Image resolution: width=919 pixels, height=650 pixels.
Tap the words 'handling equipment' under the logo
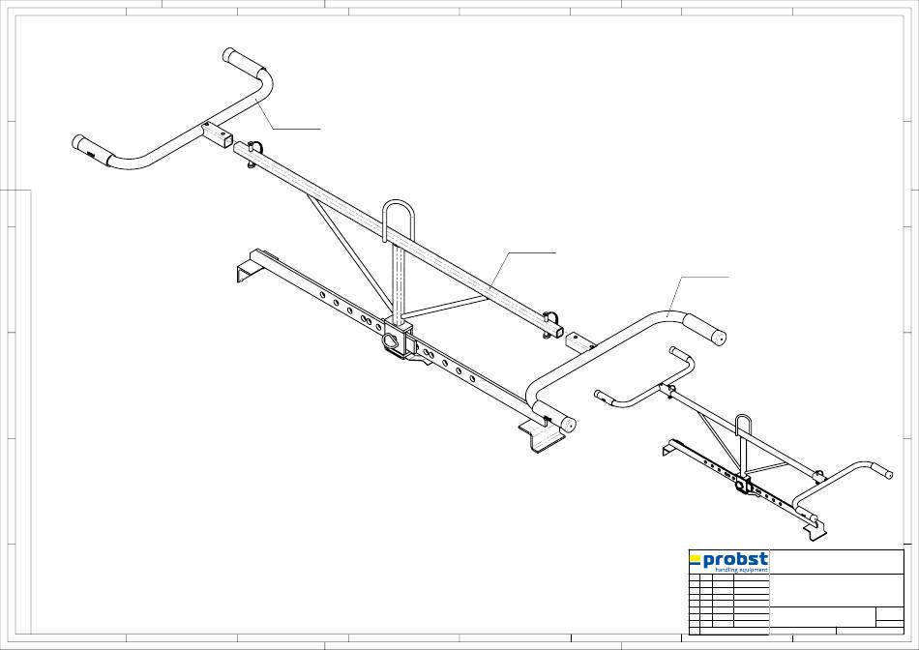(x=740, y=571)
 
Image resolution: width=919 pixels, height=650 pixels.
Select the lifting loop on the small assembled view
(x=743, y=426)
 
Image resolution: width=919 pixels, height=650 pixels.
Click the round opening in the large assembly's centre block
(x=392, y=341)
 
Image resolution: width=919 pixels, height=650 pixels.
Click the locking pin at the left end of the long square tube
(x=251, y=153)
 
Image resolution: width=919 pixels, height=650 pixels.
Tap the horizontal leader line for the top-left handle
(x=295, y=128)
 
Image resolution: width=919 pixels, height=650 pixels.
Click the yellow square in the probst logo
(x=695, y=558)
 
